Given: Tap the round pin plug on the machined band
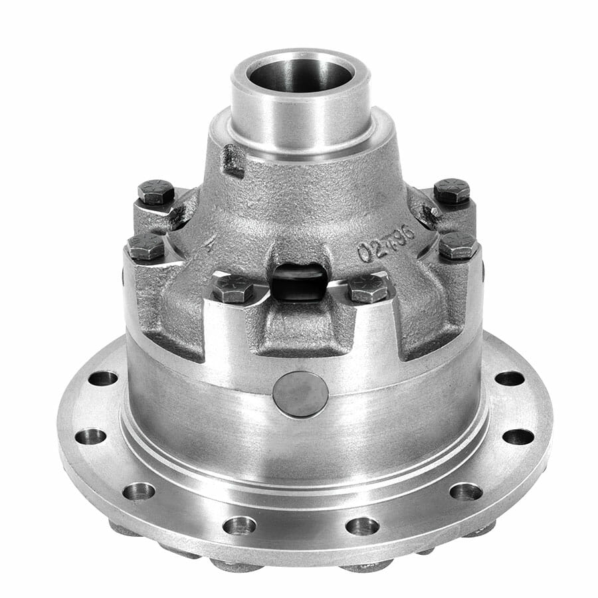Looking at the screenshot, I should (300, 394).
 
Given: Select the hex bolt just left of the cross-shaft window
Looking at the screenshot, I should (233, 288).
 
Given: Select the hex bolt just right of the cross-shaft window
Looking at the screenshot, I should (367, 288).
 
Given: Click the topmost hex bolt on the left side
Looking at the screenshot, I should (156, 192).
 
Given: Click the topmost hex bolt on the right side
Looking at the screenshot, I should (452, 191).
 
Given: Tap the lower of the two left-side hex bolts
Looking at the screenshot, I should (146, 247).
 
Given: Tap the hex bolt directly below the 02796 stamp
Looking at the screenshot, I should (457, 245).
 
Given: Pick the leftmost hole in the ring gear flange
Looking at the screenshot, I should (90, 437).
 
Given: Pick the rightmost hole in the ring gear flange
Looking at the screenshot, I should (518, 437).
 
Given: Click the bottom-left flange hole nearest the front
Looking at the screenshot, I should (239, 526).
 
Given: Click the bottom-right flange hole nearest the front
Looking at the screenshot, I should (362, 526).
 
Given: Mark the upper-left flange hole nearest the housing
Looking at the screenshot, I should (103, 378).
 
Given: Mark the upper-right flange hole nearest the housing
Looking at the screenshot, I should (509, 378).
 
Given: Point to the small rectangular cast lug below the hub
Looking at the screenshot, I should (233, 160).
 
